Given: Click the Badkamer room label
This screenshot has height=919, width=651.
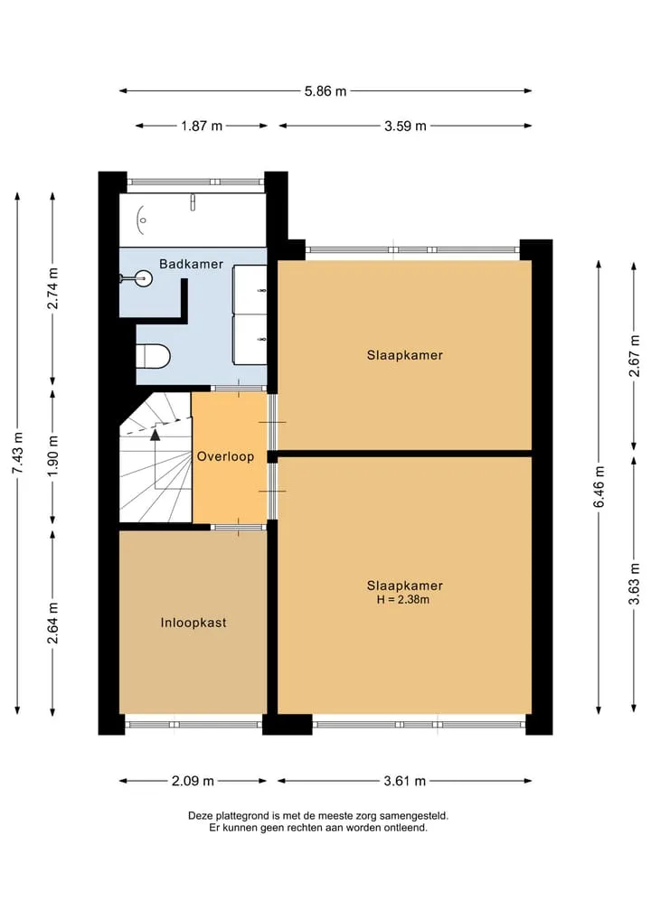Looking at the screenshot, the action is (191, 265).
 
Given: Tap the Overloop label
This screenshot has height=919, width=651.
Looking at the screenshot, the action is (225, 456).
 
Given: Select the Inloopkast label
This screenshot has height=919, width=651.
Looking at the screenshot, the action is (193, 623).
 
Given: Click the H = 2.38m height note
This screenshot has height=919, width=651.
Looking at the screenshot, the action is (403, 600).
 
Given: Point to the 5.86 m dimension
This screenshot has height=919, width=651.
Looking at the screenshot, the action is (325, 91).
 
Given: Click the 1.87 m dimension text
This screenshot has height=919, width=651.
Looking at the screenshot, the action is (202, 126).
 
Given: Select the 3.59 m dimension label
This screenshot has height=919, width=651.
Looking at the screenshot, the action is (405, 126).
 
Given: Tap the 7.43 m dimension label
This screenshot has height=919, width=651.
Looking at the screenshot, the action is (17, 453).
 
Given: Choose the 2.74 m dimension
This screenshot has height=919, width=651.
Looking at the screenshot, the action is (52, 287).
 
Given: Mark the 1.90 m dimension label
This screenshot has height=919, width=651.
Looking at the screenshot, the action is (52, 456).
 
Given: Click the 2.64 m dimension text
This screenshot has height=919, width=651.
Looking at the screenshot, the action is (52, 623).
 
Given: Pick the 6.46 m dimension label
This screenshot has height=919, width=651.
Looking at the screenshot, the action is (599, 487).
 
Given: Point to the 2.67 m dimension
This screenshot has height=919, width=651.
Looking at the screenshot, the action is (634, 356).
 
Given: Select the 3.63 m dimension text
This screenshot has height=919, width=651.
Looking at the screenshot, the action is (634, 583).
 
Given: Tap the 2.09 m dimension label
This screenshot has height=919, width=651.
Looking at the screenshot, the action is (193, 781).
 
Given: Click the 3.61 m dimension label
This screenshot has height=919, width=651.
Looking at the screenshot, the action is (405, 781).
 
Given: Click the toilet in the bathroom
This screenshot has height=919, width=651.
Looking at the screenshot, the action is (153, 356).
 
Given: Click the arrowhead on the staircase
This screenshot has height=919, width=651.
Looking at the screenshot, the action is (155, 435).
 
